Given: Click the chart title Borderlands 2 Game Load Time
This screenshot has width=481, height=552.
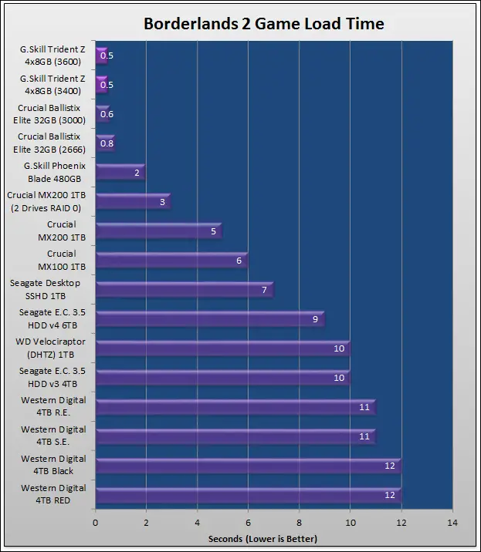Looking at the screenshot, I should pos(264,24).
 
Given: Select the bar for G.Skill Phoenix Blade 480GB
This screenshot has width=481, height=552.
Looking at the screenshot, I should pos(120,173).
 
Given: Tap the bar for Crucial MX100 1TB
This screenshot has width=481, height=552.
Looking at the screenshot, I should pos(171,261).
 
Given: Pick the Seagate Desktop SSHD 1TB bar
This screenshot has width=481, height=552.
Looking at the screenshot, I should pos(184,290).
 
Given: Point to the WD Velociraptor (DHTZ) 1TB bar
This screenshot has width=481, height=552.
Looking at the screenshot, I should pos(222,348).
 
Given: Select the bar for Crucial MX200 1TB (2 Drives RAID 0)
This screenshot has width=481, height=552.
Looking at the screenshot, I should pos(132,202).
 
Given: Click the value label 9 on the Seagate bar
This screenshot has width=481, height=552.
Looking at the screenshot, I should pos(315,319).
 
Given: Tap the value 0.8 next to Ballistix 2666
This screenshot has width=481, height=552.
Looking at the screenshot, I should pos(107,143).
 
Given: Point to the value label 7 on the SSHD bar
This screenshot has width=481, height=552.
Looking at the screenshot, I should pos(264,290).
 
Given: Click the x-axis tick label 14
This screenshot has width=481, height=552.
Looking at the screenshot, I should pos(452,523).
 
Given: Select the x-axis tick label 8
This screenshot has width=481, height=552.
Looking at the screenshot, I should pos(299,523).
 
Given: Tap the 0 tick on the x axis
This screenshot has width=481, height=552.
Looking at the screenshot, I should pos(95,523).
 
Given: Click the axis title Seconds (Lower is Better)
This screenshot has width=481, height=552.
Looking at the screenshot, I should pos(263,538).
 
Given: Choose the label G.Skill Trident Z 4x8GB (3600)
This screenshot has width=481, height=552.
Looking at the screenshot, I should pos(53,56).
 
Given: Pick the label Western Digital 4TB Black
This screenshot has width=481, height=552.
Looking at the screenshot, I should pos(53,466).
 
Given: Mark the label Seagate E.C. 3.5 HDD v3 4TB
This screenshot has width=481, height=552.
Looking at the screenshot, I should pos(53,378).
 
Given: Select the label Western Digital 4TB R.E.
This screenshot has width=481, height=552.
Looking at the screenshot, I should pos(53,407).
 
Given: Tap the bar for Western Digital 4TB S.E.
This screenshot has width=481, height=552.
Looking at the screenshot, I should pos(235,436).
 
